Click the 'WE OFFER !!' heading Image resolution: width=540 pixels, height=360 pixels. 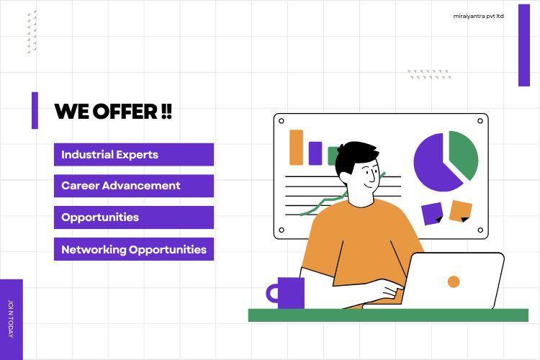113,112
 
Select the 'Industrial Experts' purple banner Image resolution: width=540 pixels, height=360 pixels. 134,154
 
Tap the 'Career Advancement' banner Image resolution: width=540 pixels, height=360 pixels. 134,186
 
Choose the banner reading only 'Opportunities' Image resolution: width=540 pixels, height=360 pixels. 134,217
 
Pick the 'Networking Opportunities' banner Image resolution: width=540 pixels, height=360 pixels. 134,249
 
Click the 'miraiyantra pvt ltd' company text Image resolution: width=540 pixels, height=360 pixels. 478,16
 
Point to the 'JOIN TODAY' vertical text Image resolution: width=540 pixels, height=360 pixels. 11,319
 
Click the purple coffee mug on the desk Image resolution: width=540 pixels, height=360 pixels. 285,293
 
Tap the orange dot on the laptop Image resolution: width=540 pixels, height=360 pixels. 454,282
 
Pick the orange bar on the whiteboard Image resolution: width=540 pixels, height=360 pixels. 296,148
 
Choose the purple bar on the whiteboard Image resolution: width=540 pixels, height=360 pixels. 315,153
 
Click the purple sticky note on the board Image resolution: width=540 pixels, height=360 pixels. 432,214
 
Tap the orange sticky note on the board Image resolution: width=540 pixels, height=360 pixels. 461,211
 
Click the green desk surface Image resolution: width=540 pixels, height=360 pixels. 388,315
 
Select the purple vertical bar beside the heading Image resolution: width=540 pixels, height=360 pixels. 35,110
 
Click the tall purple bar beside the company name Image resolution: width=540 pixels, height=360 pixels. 524,45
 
